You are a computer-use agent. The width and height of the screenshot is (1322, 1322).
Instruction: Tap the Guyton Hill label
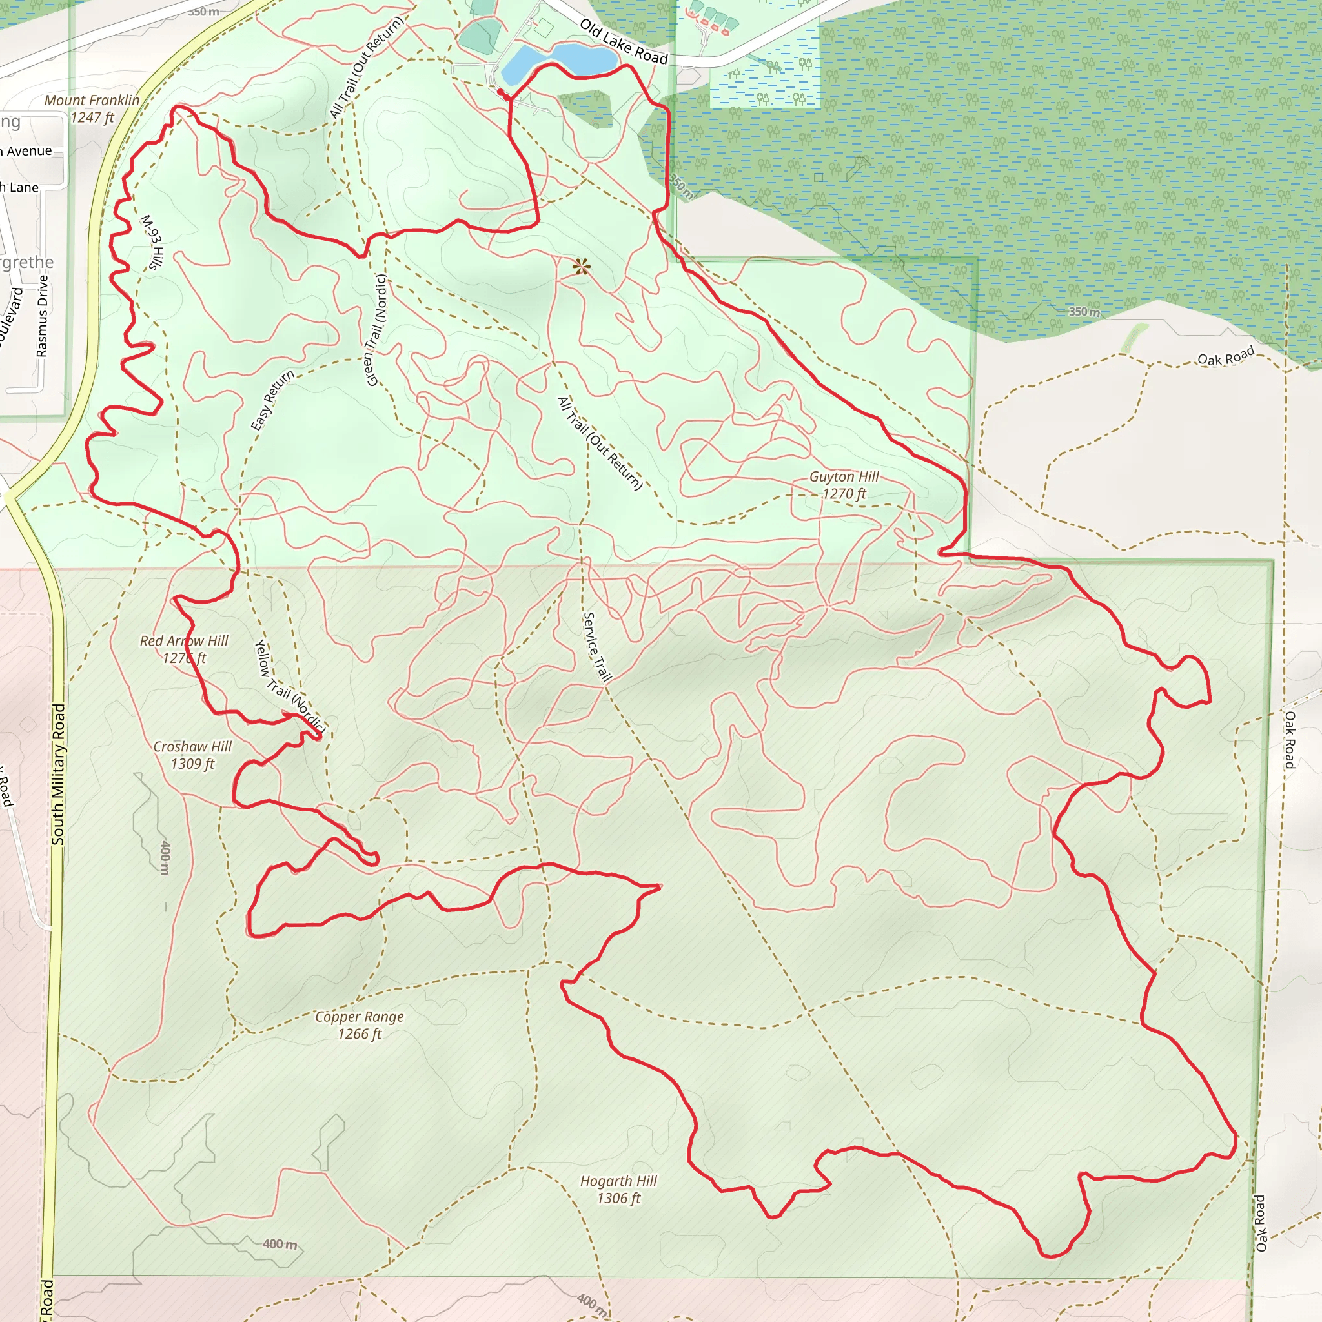pyautogui.click(x=844, y=485)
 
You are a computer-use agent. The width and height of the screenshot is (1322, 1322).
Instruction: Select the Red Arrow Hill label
pyautogui.click(x=184, y=649)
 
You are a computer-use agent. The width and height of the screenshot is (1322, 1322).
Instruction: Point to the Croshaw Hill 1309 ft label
pyautogui.click(x=192, y=755)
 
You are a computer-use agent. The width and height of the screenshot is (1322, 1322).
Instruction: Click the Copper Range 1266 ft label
pyautogui.click(x=360, y=1025)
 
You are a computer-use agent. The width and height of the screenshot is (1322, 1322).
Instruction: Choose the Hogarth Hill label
pyautogui.click(x=618, y=1189)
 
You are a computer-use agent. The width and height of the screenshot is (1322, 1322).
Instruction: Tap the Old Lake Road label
pyautogui.click(x=624, y=42)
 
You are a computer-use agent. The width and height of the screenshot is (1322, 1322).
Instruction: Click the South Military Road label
pyautogui.click(x=59, y=774)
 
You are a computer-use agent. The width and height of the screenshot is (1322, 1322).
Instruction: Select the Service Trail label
pyautogui.click(x=596, y=647)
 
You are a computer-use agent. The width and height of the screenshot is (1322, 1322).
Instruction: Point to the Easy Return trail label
pyautogui.click(x=272, y=400)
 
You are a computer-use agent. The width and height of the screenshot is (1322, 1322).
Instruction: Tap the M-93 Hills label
pyautogui.click(x=152, y=242)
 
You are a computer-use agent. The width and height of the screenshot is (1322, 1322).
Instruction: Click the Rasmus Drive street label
pyautogui.click(x=43, y=316)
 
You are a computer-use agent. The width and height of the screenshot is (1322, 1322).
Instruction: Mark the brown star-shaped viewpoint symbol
pyautogui.click(x=581, y=267)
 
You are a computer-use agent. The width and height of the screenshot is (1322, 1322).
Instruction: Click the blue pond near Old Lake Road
pyautogui.click(x=561, y=59)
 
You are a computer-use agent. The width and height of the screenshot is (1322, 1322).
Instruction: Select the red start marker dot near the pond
pyautogui.click(x=501, y=92)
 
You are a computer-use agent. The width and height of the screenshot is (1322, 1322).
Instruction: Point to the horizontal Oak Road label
pyautogui.click(x=1226, y=356)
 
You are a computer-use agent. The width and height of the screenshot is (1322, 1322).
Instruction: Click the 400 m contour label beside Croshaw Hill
pyautogui.click(x=165, y=857)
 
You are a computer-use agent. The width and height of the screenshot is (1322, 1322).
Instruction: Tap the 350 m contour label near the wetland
pyautogui.click(x=1085, y=311)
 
